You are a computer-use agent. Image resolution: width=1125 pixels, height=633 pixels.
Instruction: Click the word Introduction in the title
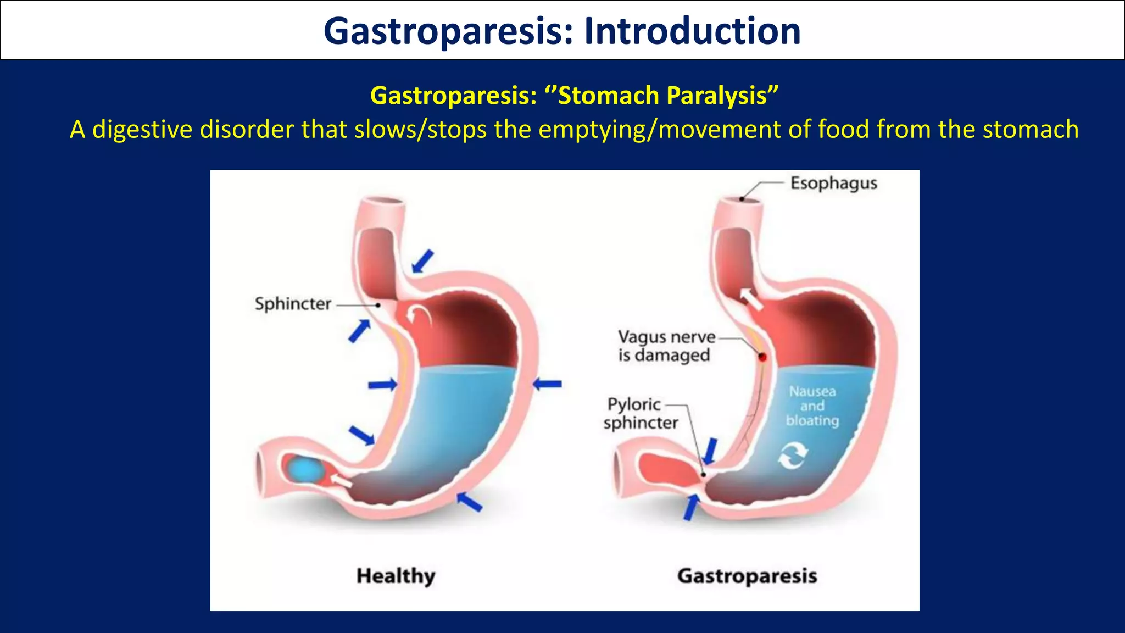692,31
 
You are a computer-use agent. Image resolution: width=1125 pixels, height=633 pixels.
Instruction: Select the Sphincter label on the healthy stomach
293,304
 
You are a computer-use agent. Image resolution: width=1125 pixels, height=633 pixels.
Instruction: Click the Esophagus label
833,183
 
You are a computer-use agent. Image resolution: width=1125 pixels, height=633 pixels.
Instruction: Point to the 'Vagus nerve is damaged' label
665,346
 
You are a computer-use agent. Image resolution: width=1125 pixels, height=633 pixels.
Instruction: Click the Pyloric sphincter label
640,414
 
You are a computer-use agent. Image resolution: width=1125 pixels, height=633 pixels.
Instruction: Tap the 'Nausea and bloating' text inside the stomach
812,406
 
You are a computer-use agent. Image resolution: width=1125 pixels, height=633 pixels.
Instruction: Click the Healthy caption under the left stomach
396,576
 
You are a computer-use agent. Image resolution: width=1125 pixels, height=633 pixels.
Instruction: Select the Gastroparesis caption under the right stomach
747,576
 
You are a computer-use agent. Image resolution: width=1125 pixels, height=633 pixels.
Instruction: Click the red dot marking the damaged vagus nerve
762,357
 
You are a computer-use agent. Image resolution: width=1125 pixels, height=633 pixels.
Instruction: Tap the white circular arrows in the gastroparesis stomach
793,456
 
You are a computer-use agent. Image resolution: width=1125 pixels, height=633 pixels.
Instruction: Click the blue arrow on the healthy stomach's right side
548,384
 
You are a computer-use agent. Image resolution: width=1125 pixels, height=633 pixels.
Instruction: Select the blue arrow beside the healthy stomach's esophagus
422,262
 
